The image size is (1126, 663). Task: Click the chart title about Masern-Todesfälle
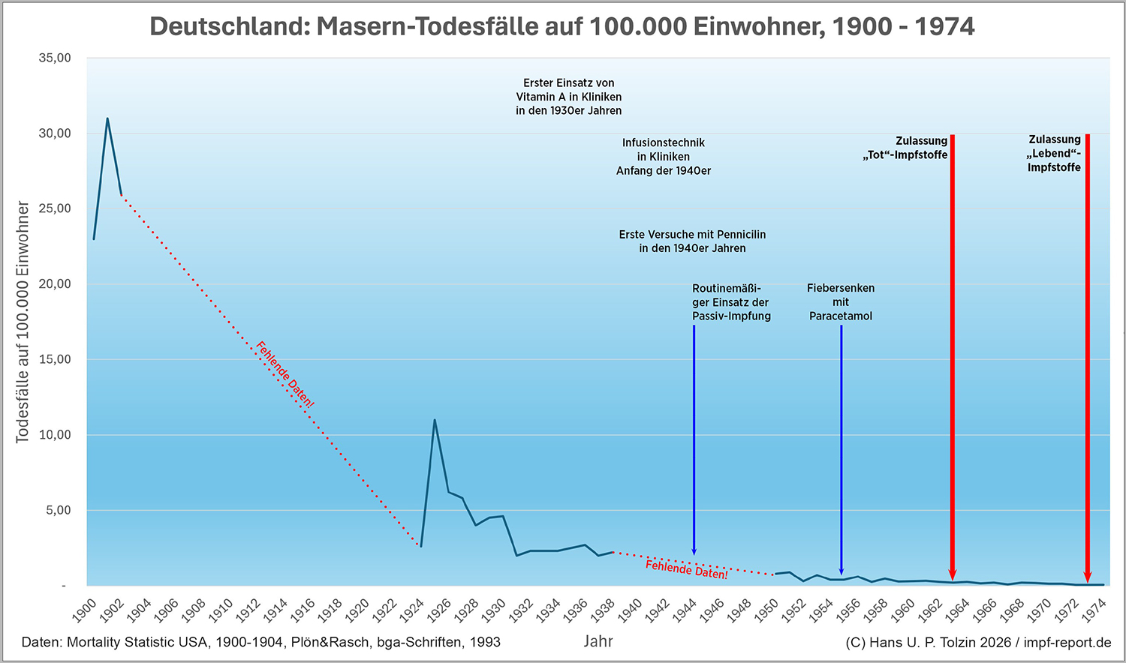562,27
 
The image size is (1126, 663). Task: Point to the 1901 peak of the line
107,118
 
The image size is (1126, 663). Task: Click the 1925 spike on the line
435,420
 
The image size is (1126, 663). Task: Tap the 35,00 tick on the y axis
55,58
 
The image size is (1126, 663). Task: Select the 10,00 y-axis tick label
55,435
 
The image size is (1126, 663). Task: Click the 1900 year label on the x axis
85,610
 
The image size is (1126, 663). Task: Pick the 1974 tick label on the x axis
1094,610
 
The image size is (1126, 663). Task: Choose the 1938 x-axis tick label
603,610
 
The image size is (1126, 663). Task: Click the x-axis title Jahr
598,641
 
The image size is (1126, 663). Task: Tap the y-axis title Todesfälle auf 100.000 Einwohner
23,322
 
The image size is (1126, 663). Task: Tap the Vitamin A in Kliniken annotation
569,97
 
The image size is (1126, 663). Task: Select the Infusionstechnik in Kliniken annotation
664,157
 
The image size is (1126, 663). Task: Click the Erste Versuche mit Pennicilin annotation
692,241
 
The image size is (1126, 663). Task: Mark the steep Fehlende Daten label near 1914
285,374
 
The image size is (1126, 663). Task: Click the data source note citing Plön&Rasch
261,642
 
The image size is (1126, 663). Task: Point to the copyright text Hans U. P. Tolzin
978,643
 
